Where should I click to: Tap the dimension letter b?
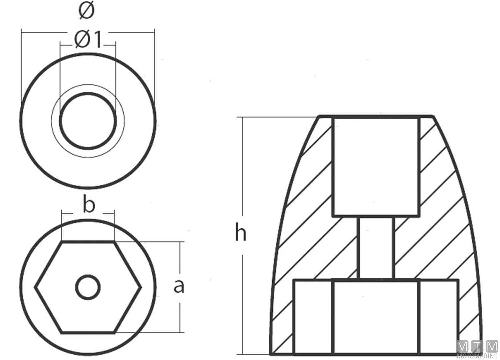point(89,205)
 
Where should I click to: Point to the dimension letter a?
point(179,286)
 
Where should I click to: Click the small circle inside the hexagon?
point(88,287)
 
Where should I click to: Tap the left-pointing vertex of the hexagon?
point(36,287)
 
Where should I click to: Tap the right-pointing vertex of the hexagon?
point(141,287)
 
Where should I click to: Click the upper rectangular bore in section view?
point(376,167)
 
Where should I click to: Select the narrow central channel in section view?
point(376,248)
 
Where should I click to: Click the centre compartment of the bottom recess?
point(376,317)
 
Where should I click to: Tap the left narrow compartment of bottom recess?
point(313,317)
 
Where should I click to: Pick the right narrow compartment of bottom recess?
point(439,317)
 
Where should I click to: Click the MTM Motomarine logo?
point(477,349)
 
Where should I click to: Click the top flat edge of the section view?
point(376,117)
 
